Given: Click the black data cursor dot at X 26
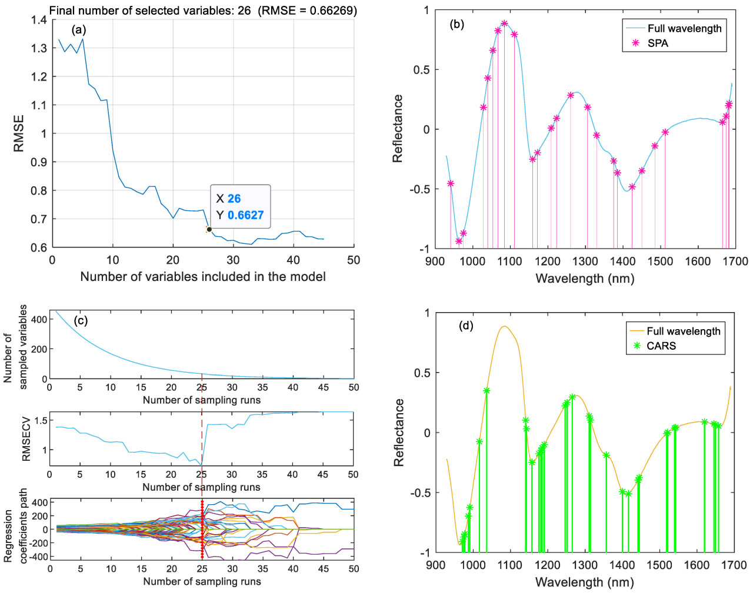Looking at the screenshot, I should [209, 229].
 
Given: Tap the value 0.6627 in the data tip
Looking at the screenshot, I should [245, 215].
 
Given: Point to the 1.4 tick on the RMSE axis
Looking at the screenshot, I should [39, 20].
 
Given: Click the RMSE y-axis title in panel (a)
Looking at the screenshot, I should [19, 133].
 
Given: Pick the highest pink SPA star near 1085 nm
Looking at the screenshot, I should [504, 24].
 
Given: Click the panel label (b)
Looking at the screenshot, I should [457, 24].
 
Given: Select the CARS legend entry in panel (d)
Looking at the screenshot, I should [661, 346].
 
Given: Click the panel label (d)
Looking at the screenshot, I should [466, 326].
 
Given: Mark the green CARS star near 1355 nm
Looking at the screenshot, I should [607, 455].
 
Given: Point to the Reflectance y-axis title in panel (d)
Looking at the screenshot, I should [399, 433].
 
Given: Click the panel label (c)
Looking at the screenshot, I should [81, 320].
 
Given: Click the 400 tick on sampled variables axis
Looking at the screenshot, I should [39, 319].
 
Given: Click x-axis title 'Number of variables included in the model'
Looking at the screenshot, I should [203, 276].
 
